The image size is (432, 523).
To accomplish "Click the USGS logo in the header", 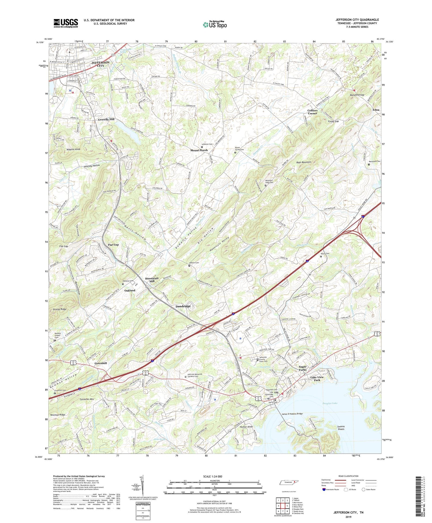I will (x=66, y=23).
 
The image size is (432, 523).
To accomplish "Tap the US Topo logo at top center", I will (x=215, y=25).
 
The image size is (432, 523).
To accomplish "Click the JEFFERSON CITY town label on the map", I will (x=100, y=64).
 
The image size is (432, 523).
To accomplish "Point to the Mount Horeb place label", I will (x=199, y=150).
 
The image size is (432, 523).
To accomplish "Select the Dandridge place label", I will (x=183, y=306).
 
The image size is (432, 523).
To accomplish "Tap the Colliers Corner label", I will (x=312, y=112).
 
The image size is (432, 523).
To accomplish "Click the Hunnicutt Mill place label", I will (x=152, y=280).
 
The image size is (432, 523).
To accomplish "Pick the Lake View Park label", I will (x=317, y=378).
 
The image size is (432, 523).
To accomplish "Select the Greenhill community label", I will (x=101, y=363).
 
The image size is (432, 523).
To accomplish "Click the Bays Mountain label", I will (x=304, y=162).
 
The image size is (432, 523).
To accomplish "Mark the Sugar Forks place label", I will (x=302, y=368).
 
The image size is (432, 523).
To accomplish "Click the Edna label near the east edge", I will (x=376, y=110).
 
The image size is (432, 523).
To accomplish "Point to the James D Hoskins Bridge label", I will (x=292, y=414).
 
